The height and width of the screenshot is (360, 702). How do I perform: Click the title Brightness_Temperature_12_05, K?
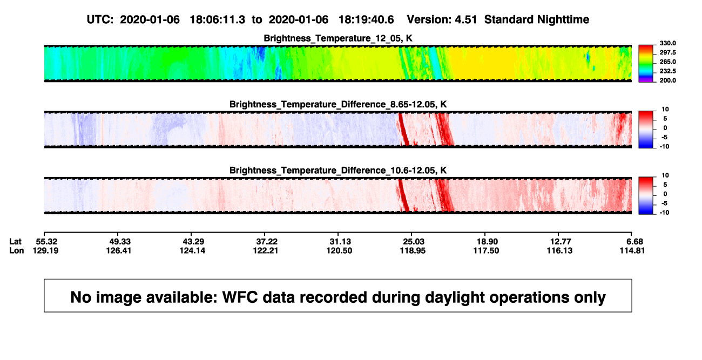point(338,38)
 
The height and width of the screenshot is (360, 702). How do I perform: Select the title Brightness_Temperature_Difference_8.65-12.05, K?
point(338,104)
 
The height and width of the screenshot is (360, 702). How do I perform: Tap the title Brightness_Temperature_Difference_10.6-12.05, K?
point(338,171)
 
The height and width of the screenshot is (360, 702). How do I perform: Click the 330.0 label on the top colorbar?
point(667,43)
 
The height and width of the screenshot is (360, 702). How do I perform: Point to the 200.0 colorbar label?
point(667,80)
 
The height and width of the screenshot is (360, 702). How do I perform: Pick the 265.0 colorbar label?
point(667,62)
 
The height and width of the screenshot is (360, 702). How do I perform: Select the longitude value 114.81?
point(632,250)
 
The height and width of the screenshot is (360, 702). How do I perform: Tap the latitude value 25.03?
point(413,242)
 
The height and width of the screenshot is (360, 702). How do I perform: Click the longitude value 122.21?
point(266,250)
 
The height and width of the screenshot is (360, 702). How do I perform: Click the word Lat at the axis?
point(15,242)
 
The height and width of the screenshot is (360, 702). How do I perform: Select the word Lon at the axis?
point(16,250)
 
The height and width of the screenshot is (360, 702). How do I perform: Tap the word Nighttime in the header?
point(563,20)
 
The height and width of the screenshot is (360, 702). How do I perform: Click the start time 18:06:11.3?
point(218,20)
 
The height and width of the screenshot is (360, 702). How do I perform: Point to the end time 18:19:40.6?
point(366,20)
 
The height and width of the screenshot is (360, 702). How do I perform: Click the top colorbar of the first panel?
point(646,64)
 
